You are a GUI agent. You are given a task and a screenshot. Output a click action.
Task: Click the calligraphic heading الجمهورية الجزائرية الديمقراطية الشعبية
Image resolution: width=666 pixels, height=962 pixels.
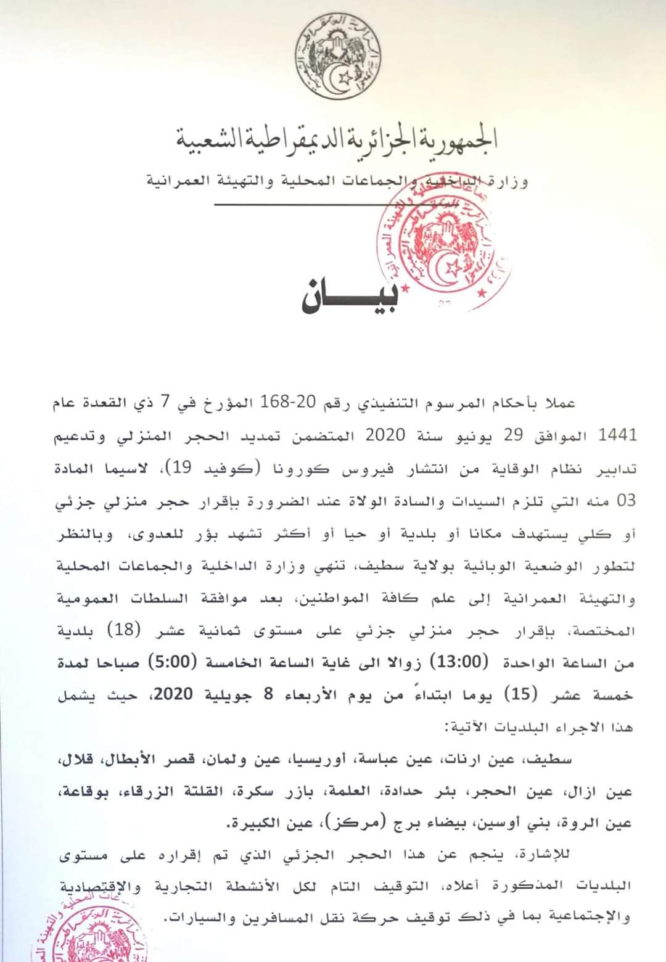[x=337, y=139]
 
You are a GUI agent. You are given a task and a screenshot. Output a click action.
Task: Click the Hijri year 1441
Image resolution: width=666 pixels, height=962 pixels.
[x=617, y=435]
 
